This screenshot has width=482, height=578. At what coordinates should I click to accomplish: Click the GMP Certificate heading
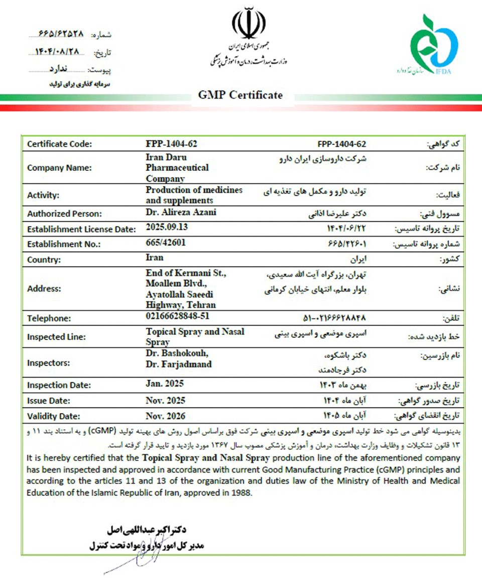click(240, 95)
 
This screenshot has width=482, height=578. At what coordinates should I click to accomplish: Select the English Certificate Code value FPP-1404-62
click(171, 144)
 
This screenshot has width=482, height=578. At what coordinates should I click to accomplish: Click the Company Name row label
click(60, 168)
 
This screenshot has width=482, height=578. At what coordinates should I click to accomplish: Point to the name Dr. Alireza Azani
click(181, 212)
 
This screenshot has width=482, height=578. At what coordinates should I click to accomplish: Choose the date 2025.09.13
click(167, 227)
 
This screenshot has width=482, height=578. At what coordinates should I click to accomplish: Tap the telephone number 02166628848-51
click(177, 316)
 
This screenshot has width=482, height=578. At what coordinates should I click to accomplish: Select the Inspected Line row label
click(56, 337)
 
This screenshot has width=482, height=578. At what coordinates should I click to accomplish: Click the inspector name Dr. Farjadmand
click(179, 364)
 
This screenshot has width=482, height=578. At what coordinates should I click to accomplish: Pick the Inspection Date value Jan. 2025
click(165, 383)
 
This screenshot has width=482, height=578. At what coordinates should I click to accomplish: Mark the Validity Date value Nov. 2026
click(166, 416)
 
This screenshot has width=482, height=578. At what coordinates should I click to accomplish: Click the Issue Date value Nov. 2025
click(166, 401)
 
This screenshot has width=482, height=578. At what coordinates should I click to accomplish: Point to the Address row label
click(44, 289)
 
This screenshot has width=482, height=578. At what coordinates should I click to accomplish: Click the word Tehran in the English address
click(203, 305)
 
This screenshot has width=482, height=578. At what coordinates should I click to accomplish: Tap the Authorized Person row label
click(65, 213)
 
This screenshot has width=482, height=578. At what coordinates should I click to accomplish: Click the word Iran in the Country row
click(155, 258)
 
